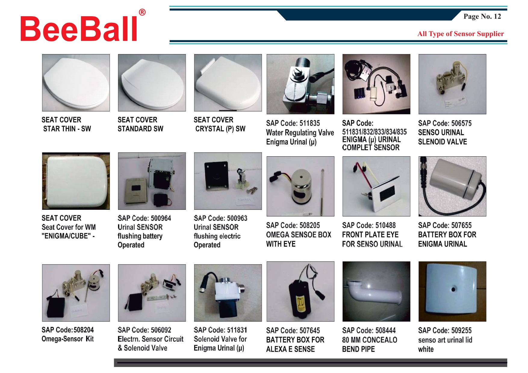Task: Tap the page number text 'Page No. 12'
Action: (482, 16)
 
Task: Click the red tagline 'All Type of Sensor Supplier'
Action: (461, 34)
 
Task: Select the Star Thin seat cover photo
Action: (76, 83)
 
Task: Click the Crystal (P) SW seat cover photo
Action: (228, 83)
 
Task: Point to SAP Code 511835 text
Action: (293, 123)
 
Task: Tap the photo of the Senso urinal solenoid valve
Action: (452, 84)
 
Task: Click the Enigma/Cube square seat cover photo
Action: (76, 181)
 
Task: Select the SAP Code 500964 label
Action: (144, 218)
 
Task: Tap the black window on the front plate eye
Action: (387, 193)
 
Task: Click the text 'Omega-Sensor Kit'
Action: (68, 339)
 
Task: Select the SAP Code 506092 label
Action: (144, 330)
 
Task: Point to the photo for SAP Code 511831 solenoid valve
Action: (228, 293)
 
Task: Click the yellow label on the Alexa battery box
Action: (301, 304)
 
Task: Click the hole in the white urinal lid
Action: (453, 289)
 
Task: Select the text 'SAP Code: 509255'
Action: (445, 331)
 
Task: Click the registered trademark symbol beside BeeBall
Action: (142, 12)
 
